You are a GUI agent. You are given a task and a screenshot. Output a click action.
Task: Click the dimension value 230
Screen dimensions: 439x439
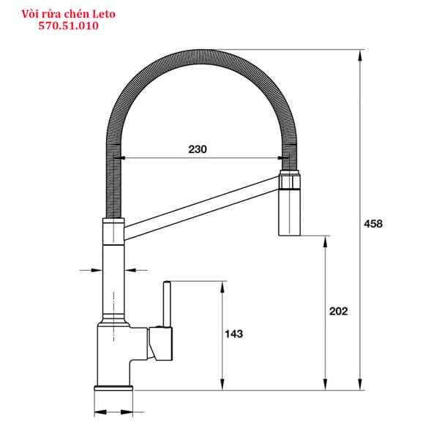pos(197,149)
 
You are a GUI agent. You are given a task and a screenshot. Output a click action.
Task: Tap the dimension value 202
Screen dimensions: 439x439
pos(338,311)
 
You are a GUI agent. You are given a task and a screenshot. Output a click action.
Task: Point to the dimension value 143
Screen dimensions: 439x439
pos(233,334)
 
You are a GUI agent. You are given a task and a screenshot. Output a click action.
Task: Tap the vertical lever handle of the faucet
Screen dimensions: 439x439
pos(167,304)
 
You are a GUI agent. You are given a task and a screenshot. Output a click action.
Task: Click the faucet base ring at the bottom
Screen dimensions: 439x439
pos(113,386)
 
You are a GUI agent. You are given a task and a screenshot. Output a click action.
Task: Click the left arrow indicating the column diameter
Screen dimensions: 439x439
pos(95,270)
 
